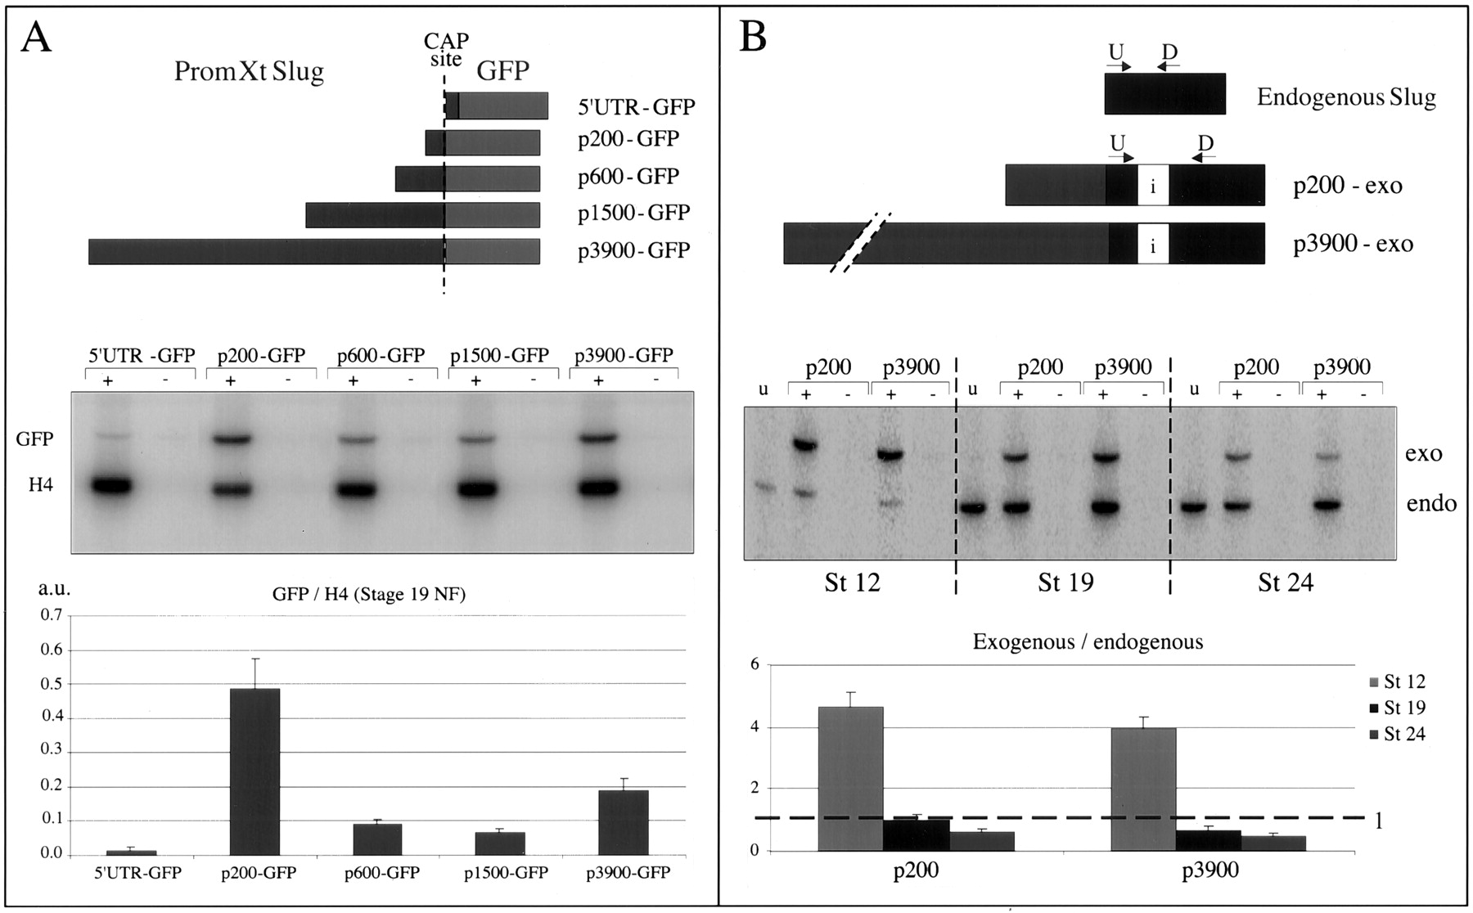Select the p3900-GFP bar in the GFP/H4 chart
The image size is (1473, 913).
coord(623,822)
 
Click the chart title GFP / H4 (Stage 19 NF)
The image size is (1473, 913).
coord(368,595)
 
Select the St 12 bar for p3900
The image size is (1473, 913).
coord(1143,789)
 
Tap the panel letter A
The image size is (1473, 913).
coord(36,38)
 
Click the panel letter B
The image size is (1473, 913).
coord(752,38)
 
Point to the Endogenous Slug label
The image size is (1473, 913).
coord(1346,97)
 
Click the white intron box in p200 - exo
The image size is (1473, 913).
coord(1152,185)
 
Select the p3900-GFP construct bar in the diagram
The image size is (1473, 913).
coord(314,251)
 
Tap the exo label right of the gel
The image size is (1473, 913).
coord(1423,453)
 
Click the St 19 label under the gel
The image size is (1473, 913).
coord(1065,582)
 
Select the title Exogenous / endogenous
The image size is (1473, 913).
coord(1088,641)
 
